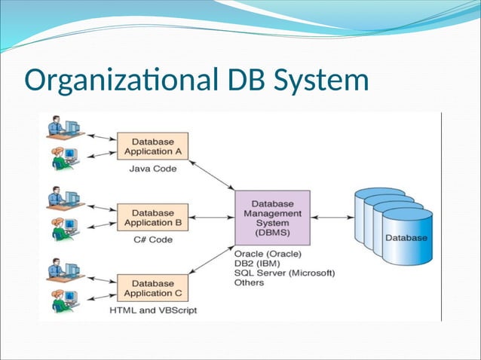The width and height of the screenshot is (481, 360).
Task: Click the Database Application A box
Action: coord(152,146)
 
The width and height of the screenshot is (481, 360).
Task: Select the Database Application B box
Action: coord(152,218)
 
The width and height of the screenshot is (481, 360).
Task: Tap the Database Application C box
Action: coord(152,288)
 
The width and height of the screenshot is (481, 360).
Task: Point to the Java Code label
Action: coord(153,169)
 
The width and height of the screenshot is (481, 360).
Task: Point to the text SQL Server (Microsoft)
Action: coord(284,273)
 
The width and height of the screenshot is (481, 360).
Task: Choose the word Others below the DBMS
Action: coord(250,283)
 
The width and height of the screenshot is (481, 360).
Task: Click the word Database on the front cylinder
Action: coord(406,238)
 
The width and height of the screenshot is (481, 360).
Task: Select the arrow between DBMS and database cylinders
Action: coord(332,218)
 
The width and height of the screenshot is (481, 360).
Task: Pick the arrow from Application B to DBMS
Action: coord(212,218)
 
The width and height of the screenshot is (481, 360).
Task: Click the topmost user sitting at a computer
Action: coord(62,127)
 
